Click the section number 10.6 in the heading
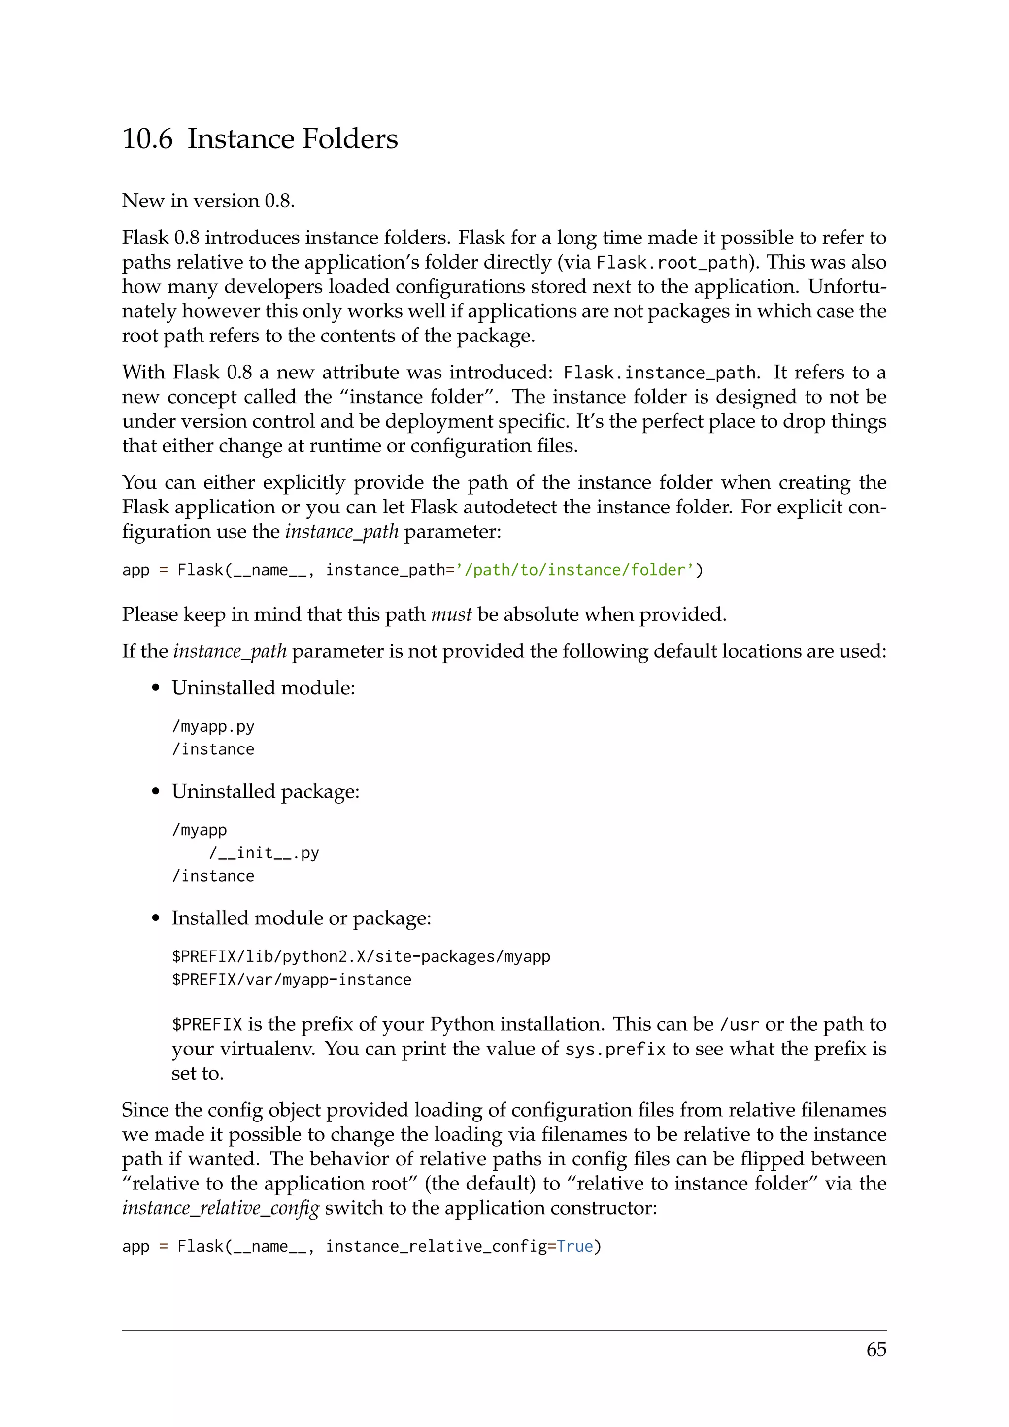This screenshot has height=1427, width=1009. tap(147, 138)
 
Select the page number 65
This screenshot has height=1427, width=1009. tap(876, 1349)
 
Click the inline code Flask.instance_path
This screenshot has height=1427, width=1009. tap(659, 373)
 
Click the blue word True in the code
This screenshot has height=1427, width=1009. tap(575, 1246)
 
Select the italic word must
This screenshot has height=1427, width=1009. tap(451, 614)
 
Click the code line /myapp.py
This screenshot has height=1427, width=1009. tap(213, 726)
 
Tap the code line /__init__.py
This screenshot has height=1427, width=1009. tap(264, 853)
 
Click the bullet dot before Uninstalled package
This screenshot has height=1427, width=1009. tap(156, 792)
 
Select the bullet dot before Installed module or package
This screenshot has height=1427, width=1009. tap(156, 919)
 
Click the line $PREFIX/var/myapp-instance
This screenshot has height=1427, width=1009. tap(291, 980)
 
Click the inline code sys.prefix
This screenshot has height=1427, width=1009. tap(615, 1050)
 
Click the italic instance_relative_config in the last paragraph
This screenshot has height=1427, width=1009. tap(221, 1208)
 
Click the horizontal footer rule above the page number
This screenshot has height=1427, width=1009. tap(504, 1330)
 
